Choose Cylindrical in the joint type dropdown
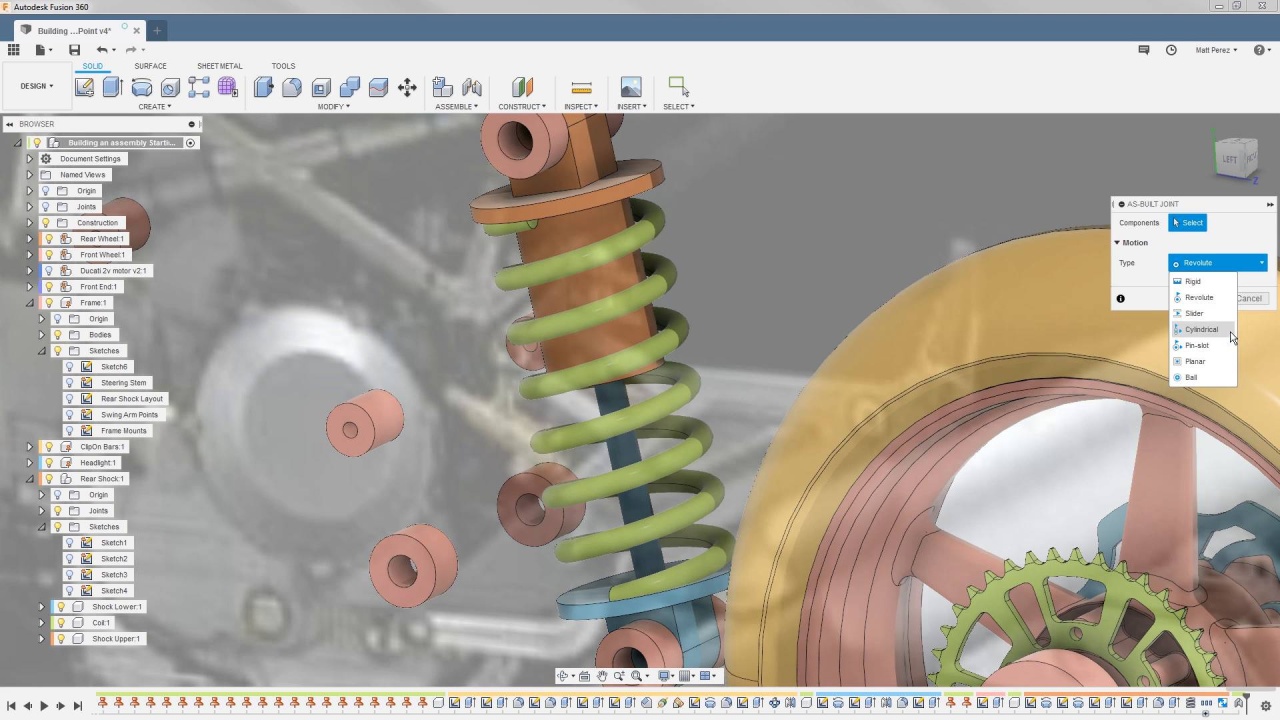tap(1201, 329)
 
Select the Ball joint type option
tap(1191, 377)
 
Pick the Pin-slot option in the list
tap(1196, 345)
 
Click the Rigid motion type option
tap(1192, 281)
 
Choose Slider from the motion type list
tap(1194, 313)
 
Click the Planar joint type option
tap(1195, 361)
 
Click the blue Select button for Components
tap(1188, 223)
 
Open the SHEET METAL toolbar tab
tap(219, 66)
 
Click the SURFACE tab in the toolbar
tap(150, 66)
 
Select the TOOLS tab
tap(283, 66)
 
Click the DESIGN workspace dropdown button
tap(36, 86)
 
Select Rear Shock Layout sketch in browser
tap(131, 399)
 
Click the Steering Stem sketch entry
tap(123, 383)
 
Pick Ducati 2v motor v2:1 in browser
tap(113, 271)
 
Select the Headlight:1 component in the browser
tap(98, 463)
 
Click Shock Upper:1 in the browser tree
tap(116, 639)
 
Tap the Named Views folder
tap(82, 175)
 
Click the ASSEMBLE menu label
tap(454, 107)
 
